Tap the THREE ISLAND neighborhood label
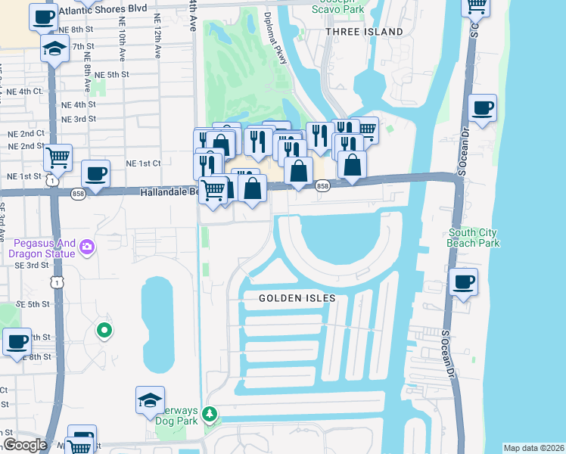pos(364,33)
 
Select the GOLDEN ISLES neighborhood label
pos(297,298)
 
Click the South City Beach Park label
pos(474,238)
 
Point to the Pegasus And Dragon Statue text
pos(44,248)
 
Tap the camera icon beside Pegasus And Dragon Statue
pos(88,247)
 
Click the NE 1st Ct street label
pos(143,163)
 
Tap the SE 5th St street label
pos(36,304)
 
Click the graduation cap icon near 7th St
pos(54,49)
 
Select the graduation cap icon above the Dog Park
pos(150,400)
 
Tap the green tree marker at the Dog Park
pos(210,414)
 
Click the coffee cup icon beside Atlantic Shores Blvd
pos(43,16)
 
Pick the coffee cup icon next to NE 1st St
pos(96,173)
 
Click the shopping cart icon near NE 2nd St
pos(58,157)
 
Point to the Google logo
pos(25,445)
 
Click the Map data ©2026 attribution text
pos(533,448)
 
